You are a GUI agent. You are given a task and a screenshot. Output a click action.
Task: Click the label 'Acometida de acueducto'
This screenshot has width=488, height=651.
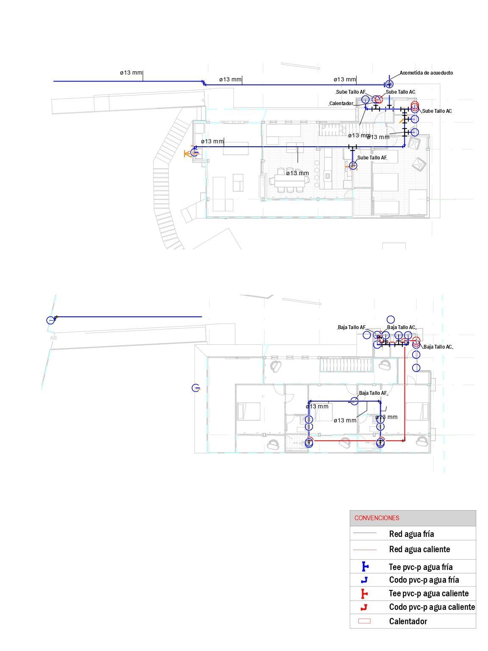pyautogui.click(x=426, y=73)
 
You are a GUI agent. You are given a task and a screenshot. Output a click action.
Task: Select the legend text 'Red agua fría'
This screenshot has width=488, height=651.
pyautogui.click(x=411, y=534)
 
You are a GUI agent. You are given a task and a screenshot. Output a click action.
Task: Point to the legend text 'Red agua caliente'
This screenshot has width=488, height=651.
pyautogui.click(x=419, y=549)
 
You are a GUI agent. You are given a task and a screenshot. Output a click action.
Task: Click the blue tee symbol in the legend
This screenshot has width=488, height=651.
pyautogui.click(x=364, y=567)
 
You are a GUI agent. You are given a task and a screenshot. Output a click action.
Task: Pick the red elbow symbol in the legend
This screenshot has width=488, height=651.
pyautogui.click(x=364, y=607)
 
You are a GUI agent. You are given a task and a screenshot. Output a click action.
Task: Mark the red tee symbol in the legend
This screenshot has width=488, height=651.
pyautogui.click(x=364, y=593)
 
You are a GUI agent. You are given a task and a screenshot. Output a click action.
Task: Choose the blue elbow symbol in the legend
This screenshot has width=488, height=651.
pyautogui.click(x=364, y=580)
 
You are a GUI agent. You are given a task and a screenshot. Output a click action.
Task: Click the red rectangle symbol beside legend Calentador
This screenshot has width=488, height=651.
pyautogui.click(x=364, y=621)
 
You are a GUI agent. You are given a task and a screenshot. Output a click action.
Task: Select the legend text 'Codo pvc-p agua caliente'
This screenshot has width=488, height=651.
pyautogui.click(x=432, y=607)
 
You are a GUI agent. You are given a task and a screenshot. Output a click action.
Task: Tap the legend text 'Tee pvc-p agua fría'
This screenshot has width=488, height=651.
pyautogui.click(x=420, y=567)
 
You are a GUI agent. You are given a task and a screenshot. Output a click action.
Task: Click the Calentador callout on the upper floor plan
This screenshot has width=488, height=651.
pyautogui.click(x=341, y=103)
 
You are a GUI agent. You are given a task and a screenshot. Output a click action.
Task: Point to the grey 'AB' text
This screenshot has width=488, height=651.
pyautogui.click(x=53, y=338)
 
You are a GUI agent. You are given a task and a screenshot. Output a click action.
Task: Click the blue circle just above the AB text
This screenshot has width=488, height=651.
pyautogui.click(x=51, y=320)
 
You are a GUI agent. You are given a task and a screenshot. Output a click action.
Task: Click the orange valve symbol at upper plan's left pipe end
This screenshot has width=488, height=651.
pyautogui.click(x=188, y=153)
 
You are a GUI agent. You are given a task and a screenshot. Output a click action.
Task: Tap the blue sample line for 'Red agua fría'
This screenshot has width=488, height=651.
pyautogui.click(x=364, y=533)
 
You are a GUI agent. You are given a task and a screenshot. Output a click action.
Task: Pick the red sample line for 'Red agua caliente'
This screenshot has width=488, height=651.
pyautogui.click(x=364, y=550)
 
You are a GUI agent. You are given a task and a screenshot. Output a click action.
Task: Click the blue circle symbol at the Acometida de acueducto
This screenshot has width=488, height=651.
pyautogui.click(x=389, y=84)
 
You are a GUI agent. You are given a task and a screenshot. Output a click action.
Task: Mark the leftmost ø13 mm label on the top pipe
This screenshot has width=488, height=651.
pyautogui.click(x=131, y=73)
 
